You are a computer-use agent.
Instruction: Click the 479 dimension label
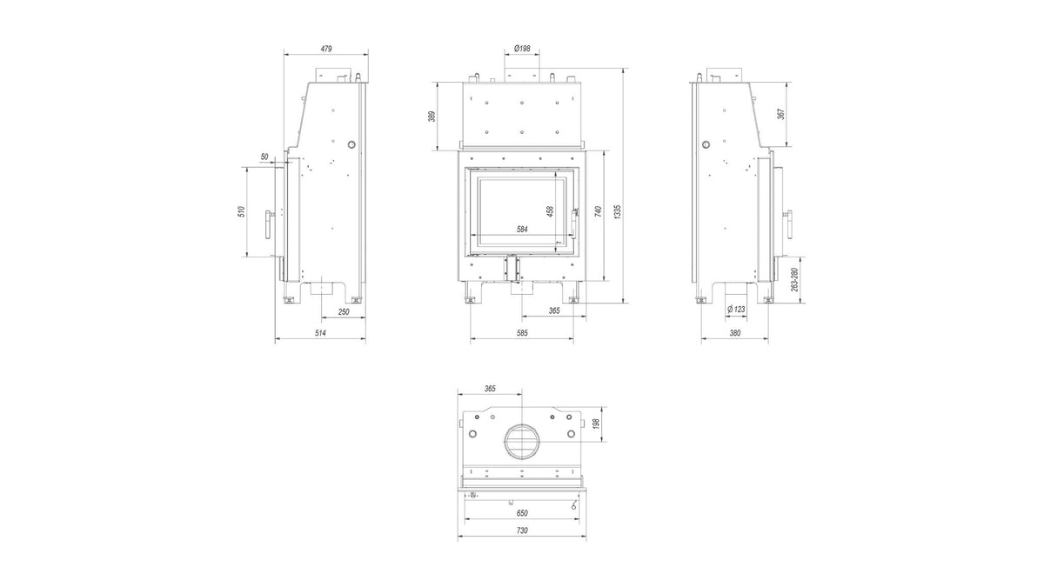[326, 49]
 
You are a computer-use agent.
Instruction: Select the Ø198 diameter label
[522, 49]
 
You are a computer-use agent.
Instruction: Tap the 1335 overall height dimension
[618, 212]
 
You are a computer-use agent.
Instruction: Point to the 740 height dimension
[599, 211]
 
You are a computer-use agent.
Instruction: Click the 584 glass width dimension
[522, 230]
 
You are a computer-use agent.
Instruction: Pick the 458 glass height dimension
[550, 211]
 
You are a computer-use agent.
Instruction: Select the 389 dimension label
[432, 117]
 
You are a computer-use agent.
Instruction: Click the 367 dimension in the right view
[781, 114]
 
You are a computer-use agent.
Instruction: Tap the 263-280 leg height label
[794, 279]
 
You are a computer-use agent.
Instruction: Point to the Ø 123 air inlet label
[736, 309]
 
